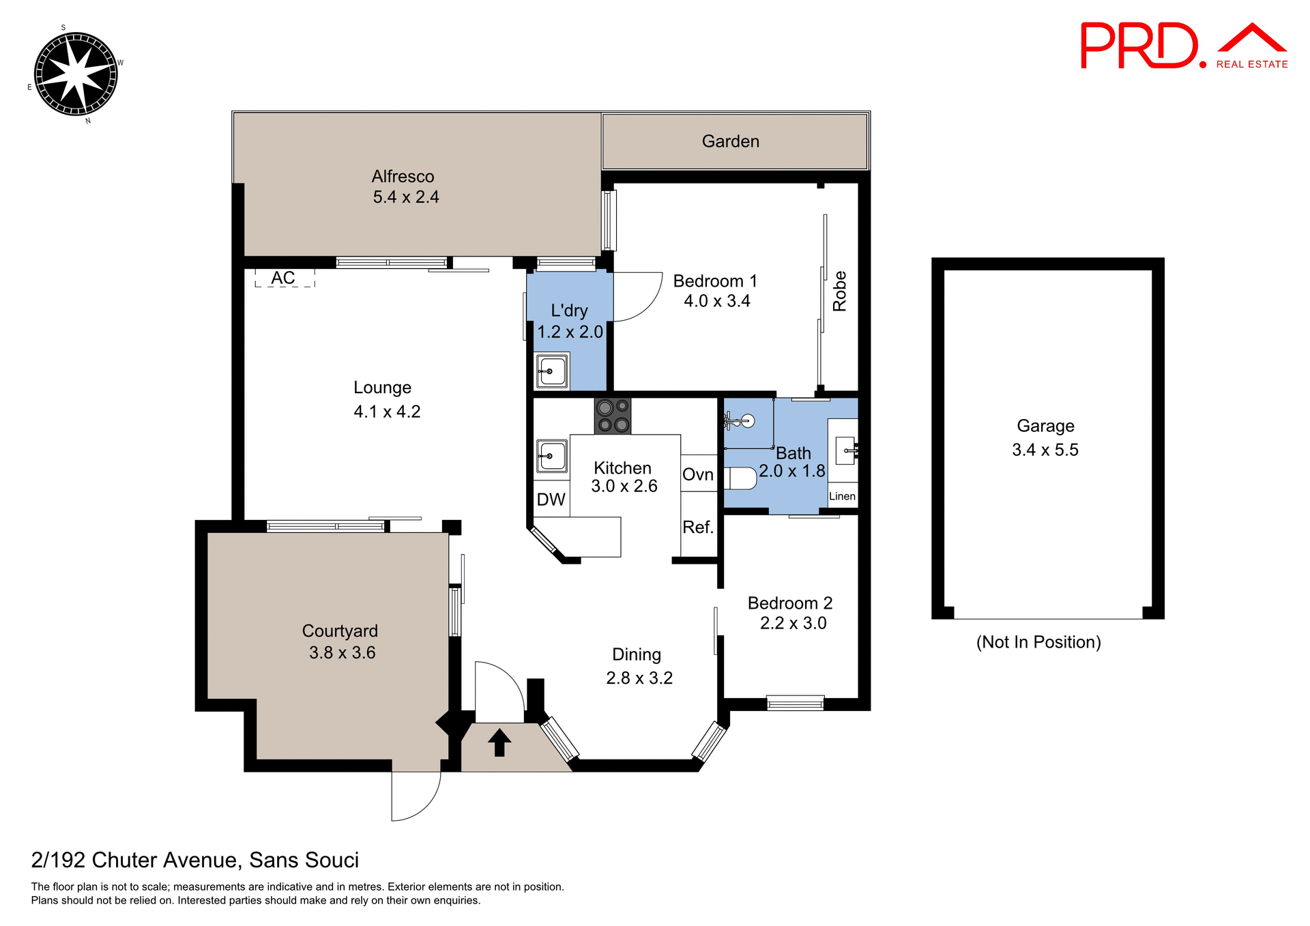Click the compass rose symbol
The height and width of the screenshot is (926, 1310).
[76, 74]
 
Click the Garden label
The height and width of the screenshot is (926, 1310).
[730, 141]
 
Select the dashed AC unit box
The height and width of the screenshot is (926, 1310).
[285, 278]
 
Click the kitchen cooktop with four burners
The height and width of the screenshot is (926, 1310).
[613, 416]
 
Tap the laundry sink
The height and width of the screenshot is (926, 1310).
[551, 371]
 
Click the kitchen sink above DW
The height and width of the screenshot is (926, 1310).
[551, 456]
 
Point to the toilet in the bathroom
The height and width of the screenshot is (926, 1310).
[741, 478]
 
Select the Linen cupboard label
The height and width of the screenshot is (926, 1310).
[842, 496]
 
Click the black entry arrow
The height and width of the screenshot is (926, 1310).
[499, 742]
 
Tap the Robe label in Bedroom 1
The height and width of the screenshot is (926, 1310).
[839, 291]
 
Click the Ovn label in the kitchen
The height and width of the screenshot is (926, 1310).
[698, 474]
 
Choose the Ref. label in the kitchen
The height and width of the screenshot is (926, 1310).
[698, 527]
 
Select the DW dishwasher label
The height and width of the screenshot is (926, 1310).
[551, 500]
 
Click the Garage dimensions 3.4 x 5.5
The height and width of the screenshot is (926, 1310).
[1045, 450]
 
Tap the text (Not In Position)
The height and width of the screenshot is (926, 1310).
[1038, 642]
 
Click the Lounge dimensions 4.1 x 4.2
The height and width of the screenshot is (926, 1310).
[387, 411]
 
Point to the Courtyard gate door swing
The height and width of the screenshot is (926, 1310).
[414, 797]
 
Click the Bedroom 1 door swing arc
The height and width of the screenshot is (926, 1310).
[640, 298]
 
